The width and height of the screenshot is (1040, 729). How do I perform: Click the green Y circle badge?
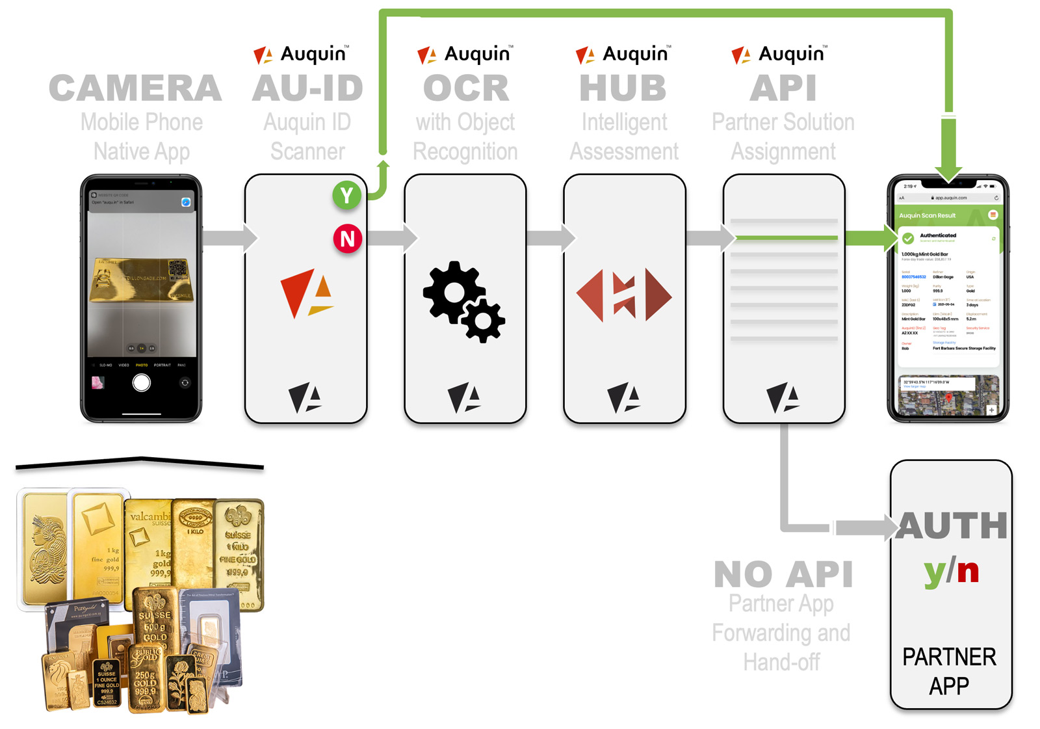pos(347,195)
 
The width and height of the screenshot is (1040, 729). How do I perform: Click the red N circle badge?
pos(348,239)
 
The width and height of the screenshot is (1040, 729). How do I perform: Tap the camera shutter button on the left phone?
pos(142,383)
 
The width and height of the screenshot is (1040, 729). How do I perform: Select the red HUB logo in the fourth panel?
pos(624,295)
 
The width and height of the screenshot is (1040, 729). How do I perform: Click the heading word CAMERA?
pos(135,88)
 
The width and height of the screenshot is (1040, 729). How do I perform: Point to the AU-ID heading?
pos(307,88)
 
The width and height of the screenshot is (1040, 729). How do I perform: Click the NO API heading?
pos(783,574)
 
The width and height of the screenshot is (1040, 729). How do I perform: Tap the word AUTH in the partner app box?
pos(952,525)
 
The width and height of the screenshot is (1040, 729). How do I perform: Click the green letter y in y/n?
pos(935,572)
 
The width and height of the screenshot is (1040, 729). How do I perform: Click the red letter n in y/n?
pos(968,571)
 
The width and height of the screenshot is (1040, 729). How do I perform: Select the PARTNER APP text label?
pos(949,671)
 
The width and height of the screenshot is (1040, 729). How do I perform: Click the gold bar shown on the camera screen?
pos(142,280)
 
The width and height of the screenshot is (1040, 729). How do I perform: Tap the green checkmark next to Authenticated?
pos(908,239)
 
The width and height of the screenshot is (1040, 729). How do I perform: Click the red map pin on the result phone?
pos(948,397)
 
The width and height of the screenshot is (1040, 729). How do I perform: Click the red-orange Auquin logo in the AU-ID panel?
pos(306,294)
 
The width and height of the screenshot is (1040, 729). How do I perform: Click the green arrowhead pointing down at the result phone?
pos(949,172)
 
